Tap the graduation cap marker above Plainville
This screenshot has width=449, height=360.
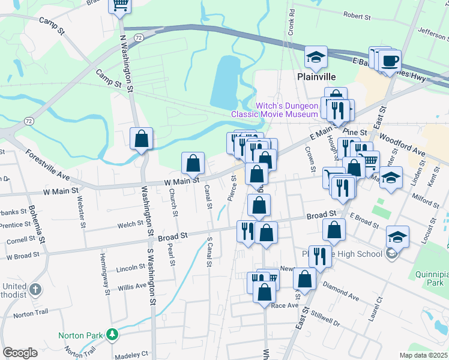tap(316, 58)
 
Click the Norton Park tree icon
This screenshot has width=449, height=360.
tap(112, 335)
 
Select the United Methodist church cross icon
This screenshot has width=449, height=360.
tap(35, 289)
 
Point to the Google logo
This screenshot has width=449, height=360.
tap(20, 353)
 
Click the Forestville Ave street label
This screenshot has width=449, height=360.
tap(48, 163)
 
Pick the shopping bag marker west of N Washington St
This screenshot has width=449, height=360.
tap(141, 139)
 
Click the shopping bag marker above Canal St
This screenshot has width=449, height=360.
tap(193, 163)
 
